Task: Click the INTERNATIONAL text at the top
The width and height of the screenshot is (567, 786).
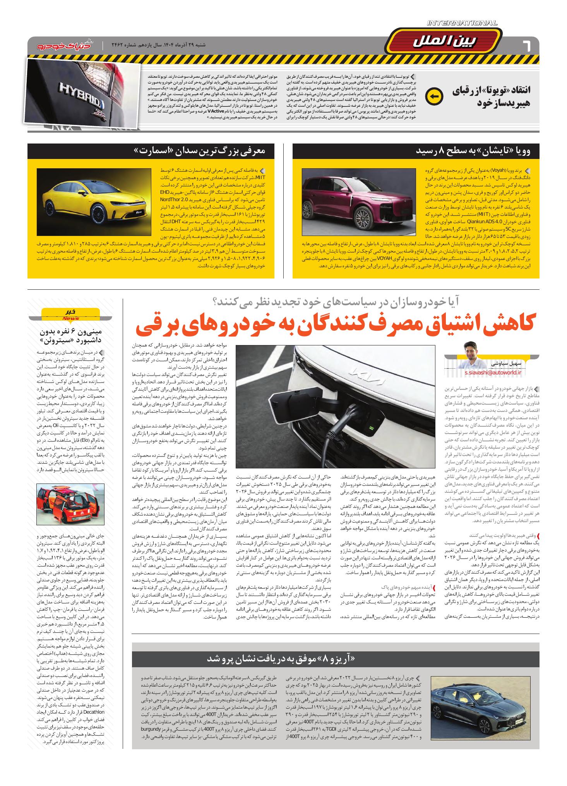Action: tap(462, 24)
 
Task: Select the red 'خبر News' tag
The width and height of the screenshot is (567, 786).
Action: tap(70, 315)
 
